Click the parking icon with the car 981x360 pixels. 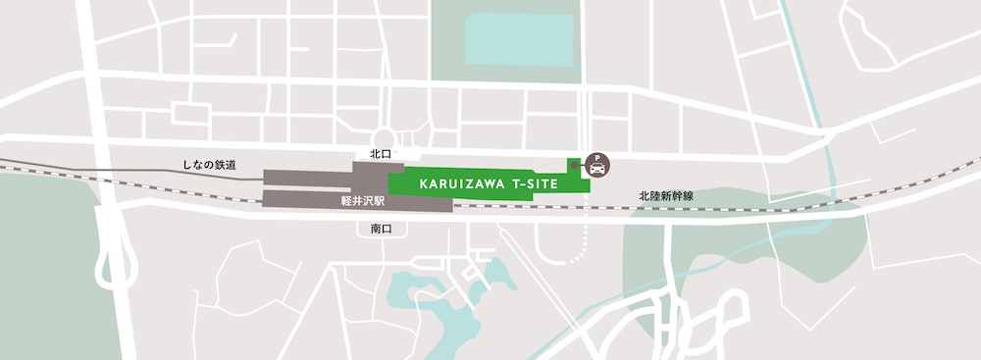pos(594,166)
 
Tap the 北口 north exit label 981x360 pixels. pos(381,154)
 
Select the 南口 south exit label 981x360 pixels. pos(381,229)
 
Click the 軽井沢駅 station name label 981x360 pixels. pos(356,198)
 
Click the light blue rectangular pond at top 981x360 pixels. pos(518,38)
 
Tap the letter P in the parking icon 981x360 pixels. pos(594,160)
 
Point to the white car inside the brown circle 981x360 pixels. pos(594,170)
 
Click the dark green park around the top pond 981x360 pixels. pos(446,49)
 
